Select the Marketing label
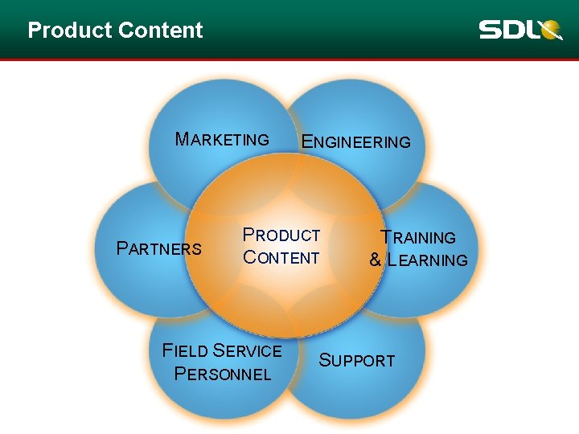coord(222,140)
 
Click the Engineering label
coord(355,142)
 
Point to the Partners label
coord(159,248)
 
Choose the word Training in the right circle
coord(418,238)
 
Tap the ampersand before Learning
coord(375,260)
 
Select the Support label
coord(357,361)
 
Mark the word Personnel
coord(222,375)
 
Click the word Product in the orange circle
coord(281,235)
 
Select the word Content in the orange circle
coord(281,258)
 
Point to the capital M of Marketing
coord(182,139)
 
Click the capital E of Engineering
coord(306,141)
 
